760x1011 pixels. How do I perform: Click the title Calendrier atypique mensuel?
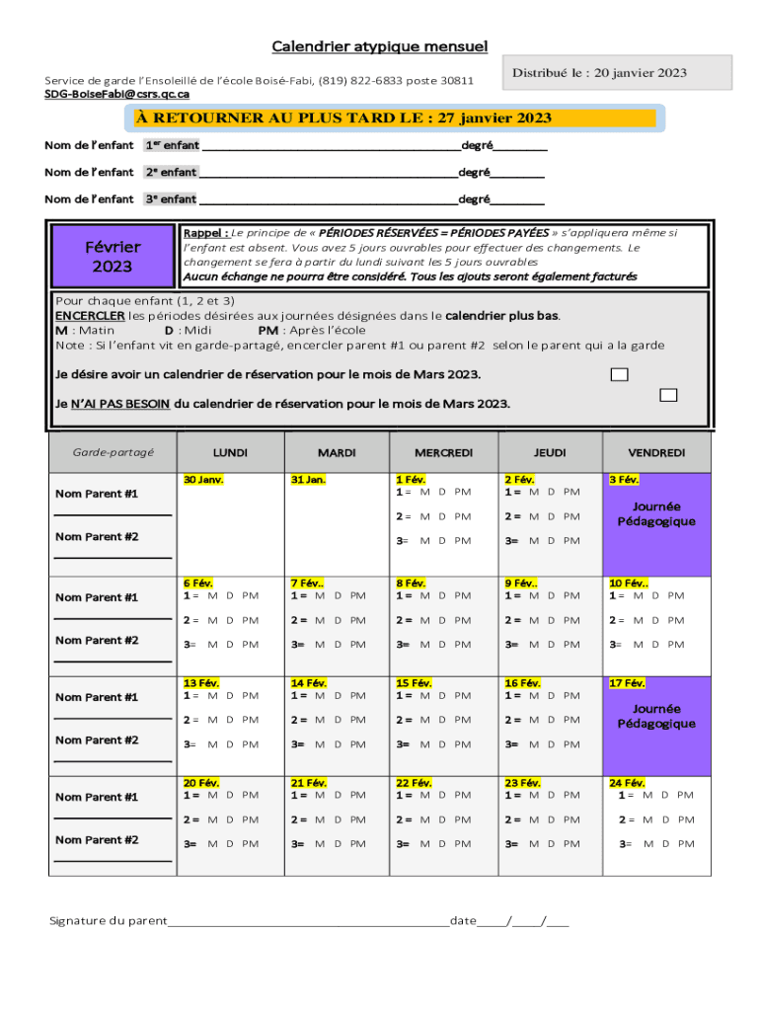coord(379,46)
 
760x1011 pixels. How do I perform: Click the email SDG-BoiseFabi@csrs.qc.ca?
coord(116,94)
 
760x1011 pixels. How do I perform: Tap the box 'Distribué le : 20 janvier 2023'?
coord(619,72)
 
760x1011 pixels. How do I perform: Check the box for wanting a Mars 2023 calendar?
coord(619,374)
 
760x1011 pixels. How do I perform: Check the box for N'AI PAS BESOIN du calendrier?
coord(668,396)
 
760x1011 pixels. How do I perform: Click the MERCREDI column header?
coord(443,453)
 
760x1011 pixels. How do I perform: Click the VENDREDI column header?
coord(656,453)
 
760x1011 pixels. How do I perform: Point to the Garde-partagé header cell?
coord(114,453)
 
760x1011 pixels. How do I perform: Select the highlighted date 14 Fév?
coord(310,683)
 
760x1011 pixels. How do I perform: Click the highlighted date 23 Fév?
coord(523,783)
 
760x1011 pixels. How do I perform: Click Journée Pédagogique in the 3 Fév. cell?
coord(656,513)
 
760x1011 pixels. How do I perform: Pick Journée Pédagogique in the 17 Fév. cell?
coord(656,716)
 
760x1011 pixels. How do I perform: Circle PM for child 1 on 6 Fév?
coord(250,595)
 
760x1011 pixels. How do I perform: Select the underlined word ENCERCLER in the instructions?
coord(83,316)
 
